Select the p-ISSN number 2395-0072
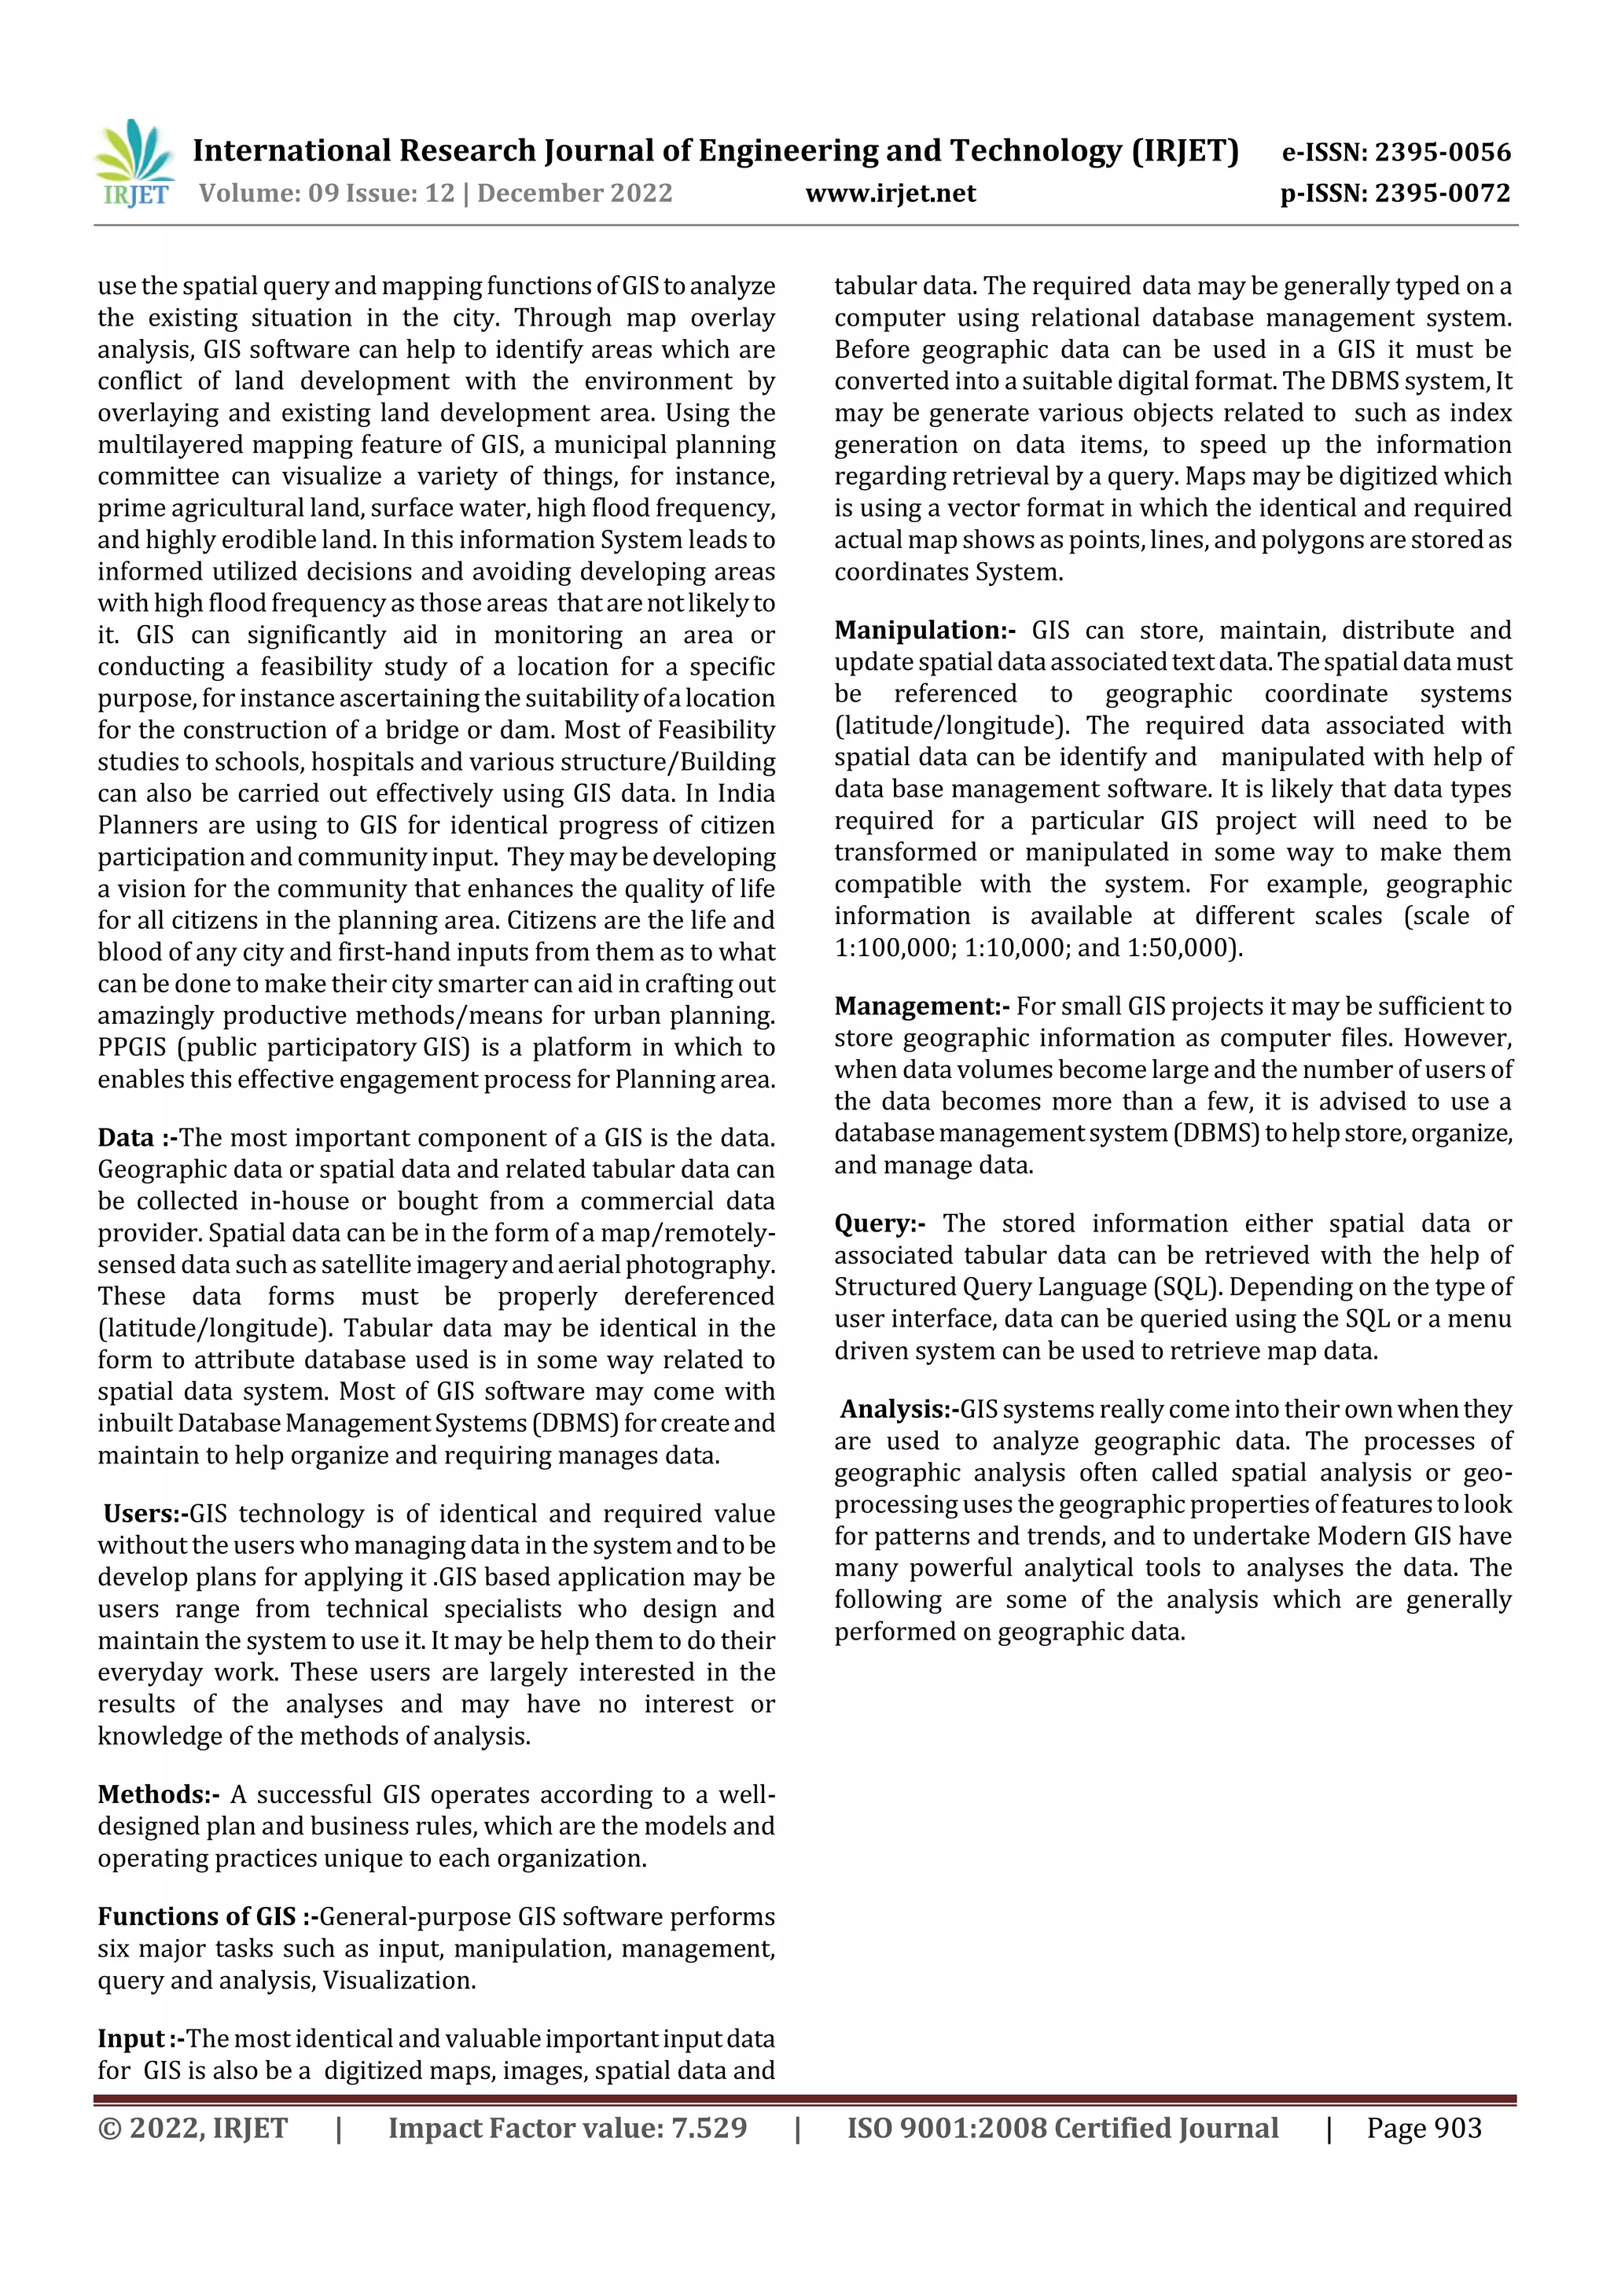click(x=1443, y=193)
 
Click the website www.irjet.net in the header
click(x=890, y=193)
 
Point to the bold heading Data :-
click(x=137, y=1137)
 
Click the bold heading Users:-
click(x=145, y=1513)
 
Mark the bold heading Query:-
click(x=880, y=1224)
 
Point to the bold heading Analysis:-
click(x=899, y=1409)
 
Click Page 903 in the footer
click(x=1424, y=2127)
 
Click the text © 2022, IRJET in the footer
click(x=193, y=2127)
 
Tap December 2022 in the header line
click(x=575, y=193)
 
